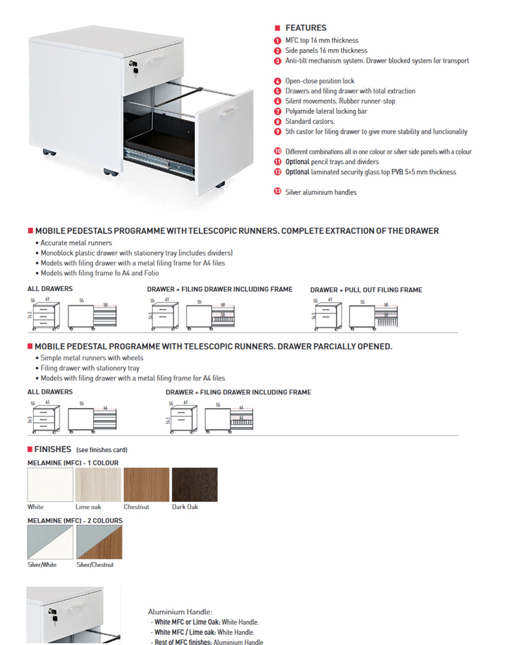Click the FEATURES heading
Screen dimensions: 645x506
(x=306, y=28)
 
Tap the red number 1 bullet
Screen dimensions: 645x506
(x=277, y=41)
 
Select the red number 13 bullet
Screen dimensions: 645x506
(x=277, y=192)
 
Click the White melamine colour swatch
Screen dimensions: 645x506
(x=50, y=484)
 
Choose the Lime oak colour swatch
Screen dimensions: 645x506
(x=98, y=484)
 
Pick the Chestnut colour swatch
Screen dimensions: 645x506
(x=146, y=484)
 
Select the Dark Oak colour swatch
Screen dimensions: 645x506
(x=195, y=484)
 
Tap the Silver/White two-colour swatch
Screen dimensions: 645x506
(x=50, y=542)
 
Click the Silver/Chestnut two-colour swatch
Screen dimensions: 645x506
(x=99, y=542)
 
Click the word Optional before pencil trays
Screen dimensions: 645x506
(x=297, y=162)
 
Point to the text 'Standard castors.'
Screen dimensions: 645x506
(x=310, y=121)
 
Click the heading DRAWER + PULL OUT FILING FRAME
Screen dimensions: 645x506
(x=366, y=290)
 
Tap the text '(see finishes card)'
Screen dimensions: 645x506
(x=102, y=450)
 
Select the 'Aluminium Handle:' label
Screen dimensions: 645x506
(x=180, y=612)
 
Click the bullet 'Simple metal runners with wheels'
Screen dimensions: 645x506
(x=92, y=358)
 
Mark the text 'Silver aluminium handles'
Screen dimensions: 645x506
(x=321, y=192)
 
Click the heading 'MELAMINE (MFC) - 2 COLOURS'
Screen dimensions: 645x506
(x=75, y=521)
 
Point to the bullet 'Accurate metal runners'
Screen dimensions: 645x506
(x=76, y=243)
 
